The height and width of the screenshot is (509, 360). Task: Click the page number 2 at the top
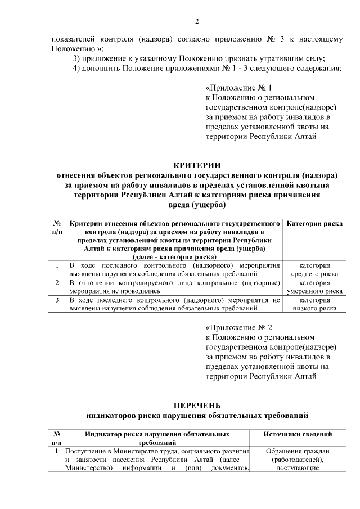tap(197, 22)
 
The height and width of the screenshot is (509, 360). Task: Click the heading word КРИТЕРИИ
tap(197, 164)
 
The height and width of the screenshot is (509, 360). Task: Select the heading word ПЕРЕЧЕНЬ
tap(197, 406)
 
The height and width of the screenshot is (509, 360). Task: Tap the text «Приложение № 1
tap(239, 88)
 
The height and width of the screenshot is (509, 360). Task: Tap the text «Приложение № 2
tap(239, 328)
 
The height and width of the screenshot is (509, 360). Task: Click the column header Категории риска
tap(315, 224)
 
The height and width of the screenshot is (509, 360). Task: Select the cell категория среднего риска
tap(314, 269)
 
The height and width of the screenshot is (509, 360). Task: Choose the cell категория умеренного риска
tap(314, 287)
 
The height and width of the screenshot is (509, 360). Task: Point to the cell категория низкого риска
tap(314, 304)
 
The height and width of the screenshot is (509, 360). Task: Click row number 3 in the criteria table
tap(57, 300)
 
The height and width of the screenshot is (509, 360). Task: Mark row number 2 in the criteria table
tap(57, 283)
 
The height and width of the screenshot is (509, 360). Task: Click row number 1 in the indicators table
tap(57, 451)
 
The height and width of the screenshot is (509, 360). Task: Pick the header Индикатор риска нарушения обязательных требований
tap(157, 439)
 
